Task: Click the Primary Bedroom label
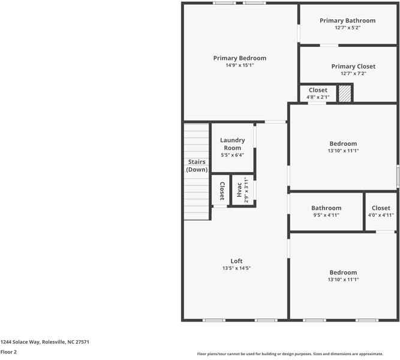tap(239, 58)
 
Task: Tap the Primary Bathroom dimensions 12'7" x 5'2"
tap(347, 28)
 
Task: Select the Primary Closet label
tap(353, 66)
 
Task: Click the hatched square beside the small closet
tap(345, 94)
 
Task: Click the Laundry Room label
tap(232, 144)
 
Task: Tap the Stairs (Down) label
tap(197, 166)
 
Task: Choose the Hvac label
tap(239, 190)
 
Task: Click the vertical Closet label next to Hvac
tap(221, 191)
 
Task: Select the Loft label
tap(236, 261)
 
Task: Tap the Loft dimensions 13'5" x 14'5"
tap(236, 268)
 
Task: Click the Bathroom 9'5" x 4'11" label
tap(326, 211)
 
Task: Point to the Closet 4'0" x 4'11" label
tap(380, 211)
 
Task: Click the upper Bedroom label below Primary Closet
tap(343, 143)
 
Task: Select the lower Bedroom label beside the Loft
tap(343, 272)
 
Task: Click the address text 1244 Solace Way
tap(45, 341)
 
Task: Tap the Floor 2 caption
tap(8, 352)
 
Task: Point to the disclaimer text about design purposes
tap(298, 354)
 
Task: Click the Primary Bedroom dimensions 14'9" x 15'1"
tap(239, 65)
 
